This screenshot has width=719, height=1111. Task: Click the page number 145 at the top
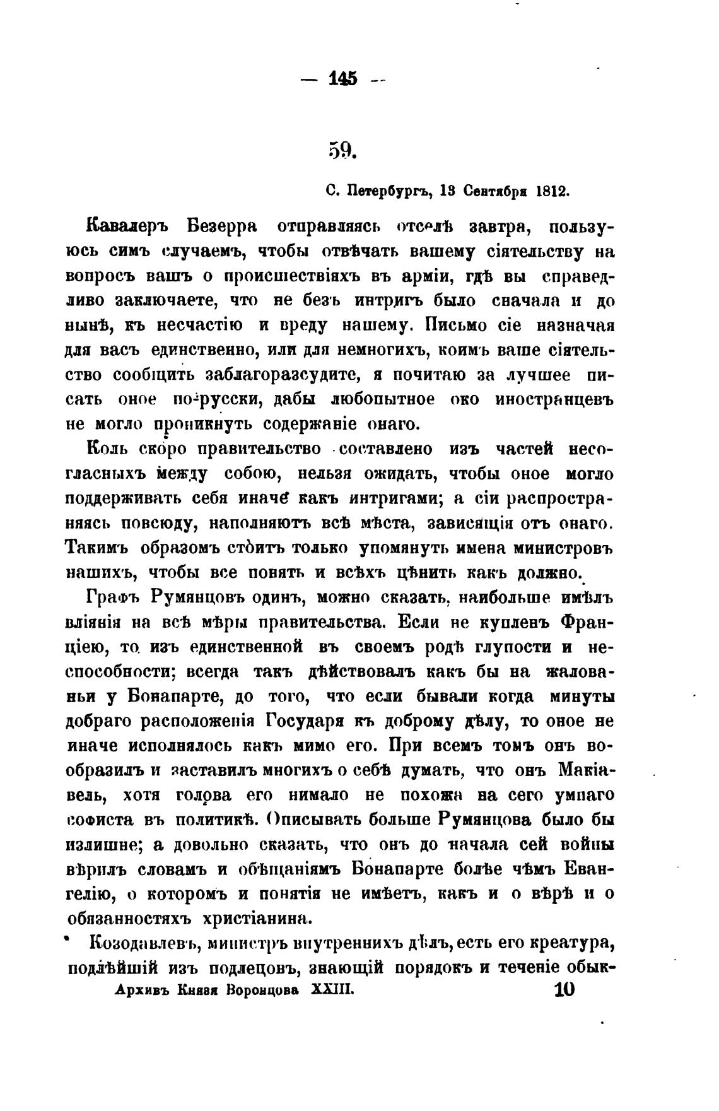point(343,79)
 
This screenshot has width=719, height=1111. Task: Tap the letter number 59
point(342,151)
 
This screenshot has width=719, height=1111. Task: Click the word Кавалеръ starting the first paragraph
point(128,227)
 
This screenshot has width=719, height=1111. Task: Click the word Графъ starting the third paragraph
point(112,597)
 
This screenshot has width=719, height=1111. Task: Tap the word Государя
point(308,721)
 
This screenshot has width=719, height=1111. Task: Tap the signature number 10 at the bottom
point(564,990)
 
